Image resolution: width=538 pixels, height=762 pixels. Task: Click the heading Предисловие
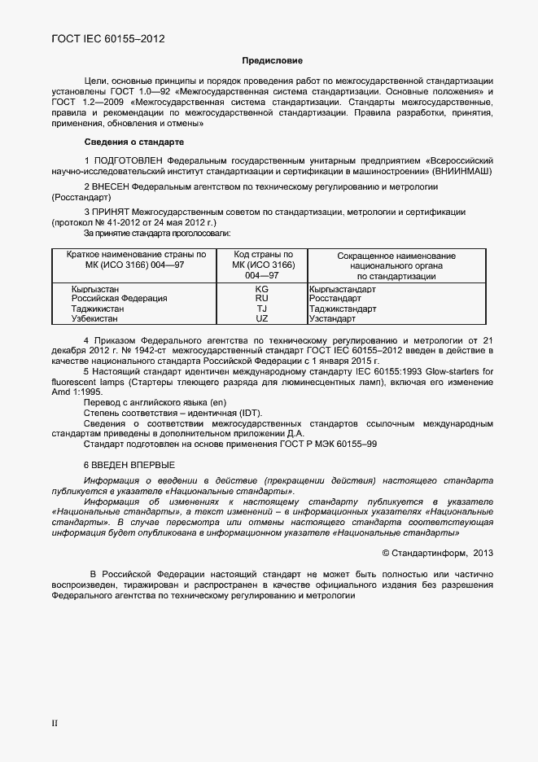272,60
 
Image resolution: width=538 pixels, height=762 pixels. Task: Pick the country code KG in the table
261,289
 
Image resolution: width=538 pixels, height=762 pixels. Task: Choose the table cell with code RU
261,299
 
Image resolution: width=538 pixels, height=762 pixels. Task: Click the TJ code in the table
261,309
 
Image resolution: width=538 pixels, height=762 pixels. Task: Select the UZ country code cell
261,319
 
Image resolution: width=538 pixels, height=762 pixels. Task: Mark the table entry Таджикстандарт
343,309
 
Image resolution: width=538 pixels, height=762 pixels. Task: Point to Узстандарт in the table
332,319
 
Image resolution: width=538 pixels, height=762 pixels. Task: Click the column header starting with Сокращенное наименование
396,266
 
